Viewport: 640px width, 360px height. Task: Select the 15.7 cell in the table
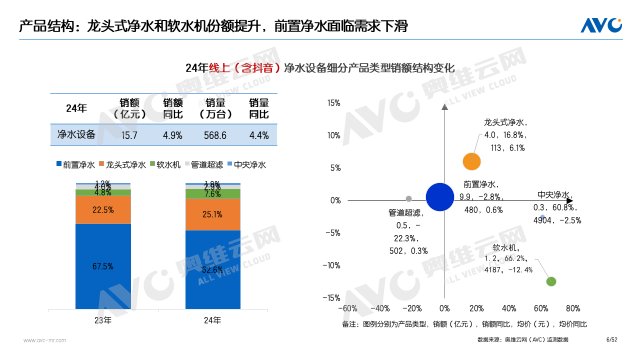(129, 134)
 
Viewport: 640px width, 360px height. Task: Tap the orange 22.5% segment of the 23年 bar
(102, 210)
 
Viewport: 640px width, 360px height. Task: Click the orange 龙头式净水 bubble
(472, 160)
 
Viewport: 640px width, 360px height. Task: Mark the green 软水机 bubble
(550, 281)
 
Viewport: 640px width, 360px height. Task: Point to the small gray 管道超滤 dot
(408, 198)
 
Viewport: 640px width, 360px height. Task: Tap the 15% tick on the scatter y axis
(335, 102)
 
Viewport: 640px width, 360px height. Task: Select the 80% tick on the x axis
(573, 308)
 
